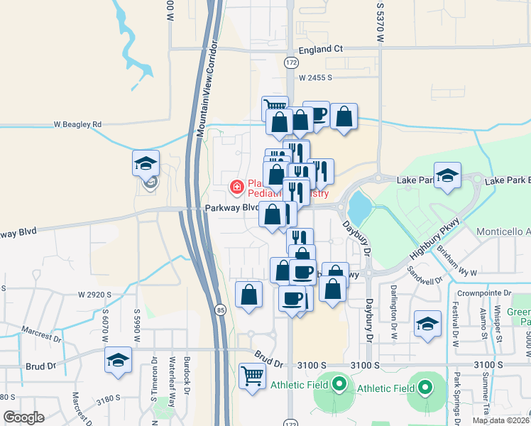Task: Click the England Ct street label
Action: pyautogui.click(x=320, y=49)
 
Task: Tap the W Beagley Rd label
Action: pyautogui.click(x=77, y=124)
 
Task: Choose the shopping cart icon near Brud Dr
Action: pyautogui.click(x=252, y=376)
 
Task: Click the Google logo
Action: pyautogui.click(x=23, y=417)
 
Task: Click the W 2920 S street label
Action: pyautogui.click(x=95, y=294)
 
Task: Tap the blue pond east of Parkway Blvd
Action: pyautogui.click(x=358, y=207)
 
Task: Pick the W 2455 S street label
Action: pyautogui.click(x=315, y=77)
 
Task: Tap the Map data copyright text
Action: pyautogui.click(x=500, y=420)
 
